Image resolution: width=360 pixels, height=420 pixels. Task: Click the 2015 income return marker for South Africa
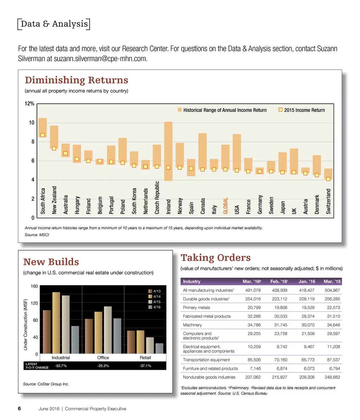tap(43, 135)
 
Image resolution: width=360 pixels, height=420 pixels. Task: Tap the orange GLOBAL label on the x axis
tap(226, 205)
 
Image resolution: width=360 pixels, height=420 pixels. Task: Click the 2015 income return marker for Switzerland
tap(328, 179)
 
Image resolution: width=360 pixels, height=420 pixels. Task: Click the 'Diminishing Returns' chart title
tap(76, 80)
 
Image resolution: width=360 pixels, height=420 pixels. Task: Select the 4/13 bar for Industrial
tap(47, 332)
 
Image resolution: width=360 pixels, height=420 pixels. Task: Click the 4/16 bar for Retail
tap(159, 348)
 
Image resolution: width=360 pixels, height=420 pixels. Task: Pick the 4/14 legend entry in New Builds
tap(156, 297)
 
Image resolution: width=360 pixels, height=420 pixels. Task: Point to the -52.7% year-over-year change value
tap(61, 366)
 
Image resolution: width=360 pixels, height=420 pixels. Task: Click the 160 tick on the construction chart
tap(34, 286)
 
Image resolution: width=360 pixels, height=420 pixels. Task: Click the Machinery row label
tap(193, 325)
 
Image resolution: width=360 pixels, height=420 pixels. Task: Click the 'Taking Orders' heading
tap(216, 258)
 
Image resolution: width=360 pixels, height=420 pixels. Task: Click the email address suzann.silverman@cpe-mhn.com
tap(99, 59)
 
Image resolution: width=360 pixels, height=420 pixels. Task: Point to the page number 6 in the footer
tap(20, 409)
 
